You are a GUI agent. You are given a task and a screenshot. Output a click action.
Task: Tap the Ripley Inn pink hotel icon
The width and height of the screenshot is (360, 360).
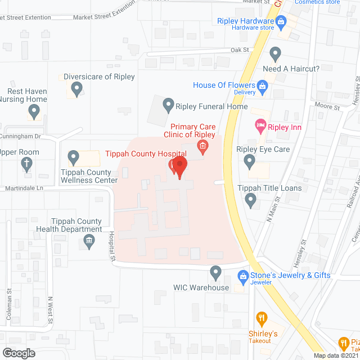(x=260, y=125)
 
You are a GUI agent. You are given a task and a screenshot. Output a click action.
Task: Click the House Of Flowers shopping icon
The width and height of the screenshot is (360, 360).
(x=262, y=85)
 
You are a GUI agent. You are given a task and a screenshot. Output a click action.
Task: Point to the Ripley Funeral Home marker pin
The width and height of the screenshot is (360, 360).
(x=168, y=105)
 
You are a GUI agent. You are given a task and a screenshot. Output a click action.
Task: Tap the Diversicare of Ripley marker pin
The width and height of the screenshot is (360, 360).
(x=77, y=88)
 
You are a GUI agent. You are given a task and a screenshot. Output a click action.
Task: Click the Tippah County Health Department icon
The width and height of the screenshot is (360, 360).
(x=89, y=242)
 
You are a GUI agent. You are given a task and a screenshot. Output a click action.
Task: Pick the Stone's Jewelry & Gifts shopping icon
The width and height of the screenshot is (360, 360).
(x=243, y=276)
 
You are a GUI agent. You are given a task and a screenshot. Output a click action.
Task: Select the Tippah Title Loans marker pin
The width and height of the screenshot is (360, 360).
(x=251, y=199)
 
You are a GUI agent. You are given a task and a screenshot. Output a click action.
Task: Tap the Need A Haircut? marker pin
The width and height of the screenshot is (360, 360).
(x=275, y=55)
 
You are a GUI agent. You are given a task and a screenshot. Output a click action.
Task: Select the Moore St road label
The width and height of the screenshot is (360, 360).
(x=330, y=107)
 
